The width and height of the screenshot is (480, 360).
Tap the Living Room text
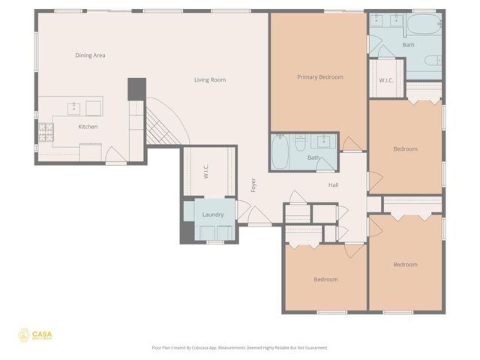(x=210, y=79)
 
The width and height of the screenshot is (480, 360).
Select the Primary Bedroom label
(x=319, y=77)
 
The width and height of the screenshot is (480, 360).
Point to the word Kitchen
(x=88, y=127)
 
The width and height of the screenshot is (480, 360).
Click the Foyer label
(x=253, y=185)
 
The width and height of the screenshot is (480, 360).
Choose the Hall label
(x=334, y=184)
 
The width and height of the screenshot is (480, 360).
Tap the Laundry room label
(x=213, y=215)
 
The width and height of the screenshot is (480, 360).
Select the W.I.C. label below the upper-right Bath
(x=386, y=80)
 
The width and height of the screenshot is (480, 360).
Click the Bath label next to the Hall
(x=313, y=157)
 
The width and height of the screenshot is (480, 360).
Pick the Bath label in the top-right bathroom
(x=408, y=45)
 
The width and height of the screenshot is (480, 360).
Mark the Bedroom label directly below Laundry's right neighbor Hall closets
(x=325, y=280)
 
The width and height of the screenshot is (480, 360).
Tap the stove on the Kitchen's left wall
(x=45, y=133)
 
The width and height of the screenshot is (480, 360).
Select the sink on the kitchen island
(x=74, y=108)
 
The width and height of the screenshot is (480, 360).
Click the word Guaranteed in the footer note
(x=316, y=348)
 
